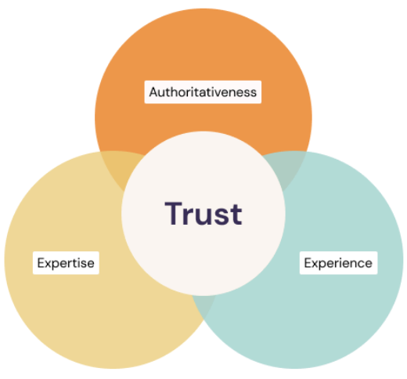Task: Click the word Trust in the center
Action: click(x=203, y=214)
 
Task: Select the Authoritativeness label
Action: click(x=203, y=92)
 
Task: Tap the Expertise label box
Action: click(x=66, y=263)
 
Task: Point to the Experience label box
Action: click(x=338, y=263)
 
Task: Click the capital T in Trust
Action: click(x=173, y=213)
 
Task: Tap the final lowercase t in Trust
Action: click(x=236, y=215)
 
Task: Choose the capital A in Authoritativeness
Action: click(x=153, y=92)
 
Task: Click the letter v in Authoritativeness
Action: click(x=213, y=93)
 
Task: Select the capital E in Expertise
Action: click(x=41, y=263)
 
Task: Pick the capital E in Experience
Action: click(x=308, y=263)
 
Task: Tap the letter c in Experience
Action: click(x=359, y=264)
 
